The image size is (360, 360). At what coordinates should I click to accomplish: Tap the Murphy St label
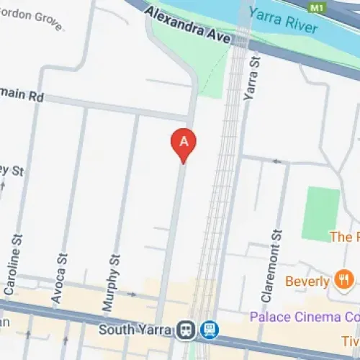tap(109, 281)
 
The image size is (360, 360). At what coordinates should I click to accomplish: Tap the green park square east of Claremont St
tap(320, 213)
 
